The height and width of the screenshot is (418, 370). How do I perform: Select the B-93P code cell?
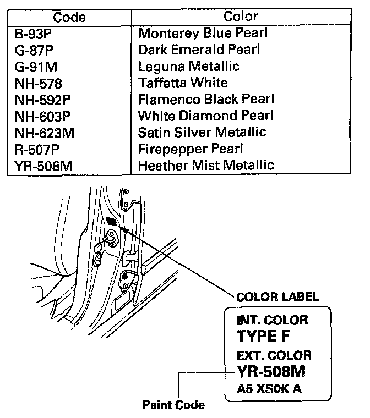[37, 33]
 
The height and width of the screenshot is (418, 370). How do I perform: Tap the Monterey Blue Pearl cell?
[203, 33]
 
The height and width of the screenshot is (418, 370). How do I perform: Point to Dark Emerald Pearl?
[199, 50]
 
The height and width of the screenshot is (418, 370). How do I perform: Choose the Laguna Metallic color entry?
[189, 67]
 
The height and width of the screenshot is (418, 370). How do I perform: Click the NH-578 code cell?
[39, 83]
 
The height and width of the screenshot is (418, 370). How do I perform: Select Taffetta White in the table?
[183, 83]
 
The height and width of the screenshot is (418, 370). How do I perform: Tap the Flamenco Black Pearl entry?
[206, 100]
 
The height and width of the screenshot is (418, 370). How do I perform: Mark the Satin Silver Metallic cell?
[202, 132]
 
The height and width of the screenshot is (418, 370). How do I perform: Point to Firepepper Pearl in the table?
[191, 148]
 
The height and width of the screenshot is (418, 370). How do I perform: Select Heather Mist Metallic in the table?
[206, 165]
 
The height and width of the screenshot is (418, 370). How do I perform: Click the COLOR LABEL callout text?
[277, 297]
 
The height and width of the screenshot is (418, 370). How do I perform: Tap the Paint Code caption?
[173, 405]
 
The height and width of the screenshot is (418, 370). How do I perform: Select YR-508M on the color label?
[270, 372]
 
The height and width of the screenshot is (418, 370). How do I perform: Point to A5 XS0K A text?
[269, 389]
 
